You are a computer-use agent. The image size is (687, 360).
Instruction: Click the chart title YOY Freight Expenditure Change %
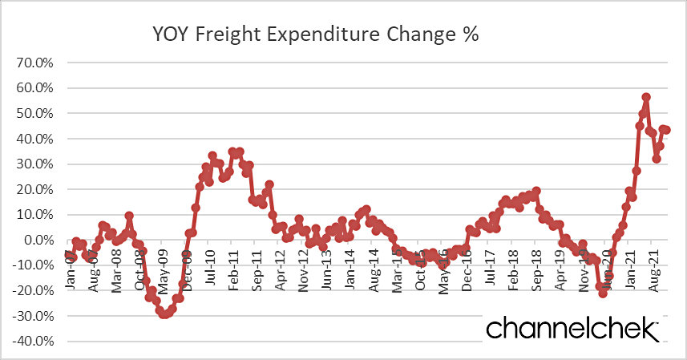(x=314, y=35)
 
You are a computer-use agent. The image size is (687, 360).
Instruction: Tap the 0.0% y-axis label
(x=37, y=241)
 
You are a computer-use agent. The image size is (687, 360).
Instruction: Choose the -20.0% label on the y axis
(x=31, y=291)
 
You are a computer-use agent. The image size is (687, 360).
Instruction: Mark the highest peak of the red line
(x=646, y=97)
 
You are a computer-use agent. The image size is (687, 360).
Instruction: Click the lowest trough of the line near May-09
(x=164, y=315)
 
